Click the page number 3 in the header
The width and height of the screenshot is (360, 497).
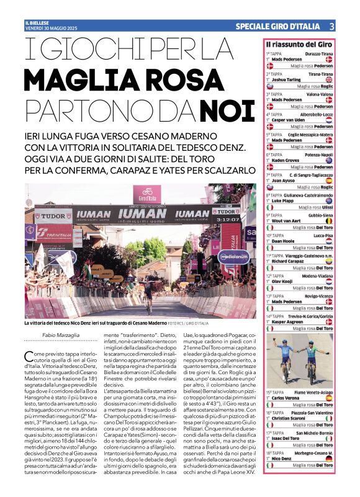[x=331, y=26]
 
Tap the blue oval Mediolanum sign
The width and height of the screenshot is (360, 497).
[x=230, y=255]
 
